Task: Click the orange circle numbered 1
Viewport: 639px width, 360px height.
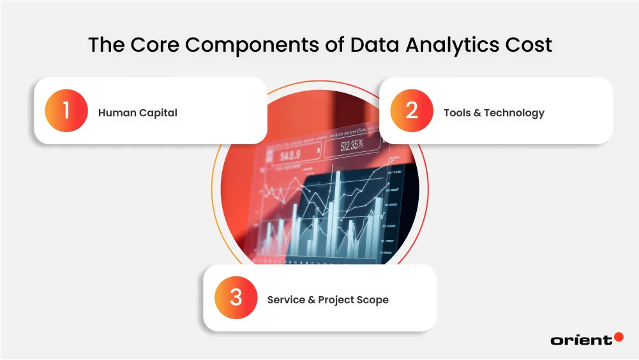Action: (66, 111)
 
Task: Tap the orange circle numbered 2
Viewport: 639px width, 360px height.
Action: (411, 111)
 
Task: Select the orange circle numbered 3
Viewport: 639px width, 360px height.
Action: (236, 298)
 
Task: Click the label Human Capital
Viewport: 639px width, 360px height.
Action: (137, 113)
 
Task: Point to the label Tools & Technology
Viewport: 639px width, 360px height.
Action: (493, 113)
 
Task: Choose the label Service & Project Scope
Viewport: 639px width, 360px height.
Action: (327, 299)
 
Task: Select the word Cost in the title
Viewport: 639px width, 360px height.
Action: (527, 45)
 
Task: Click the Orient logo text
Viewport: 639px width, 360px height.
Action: (581, 340)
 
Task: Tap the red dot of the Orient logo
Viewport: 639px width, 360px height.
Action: (618, 336)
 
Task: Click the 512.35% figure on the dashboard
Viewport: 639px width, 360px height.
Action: (352, 145)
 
